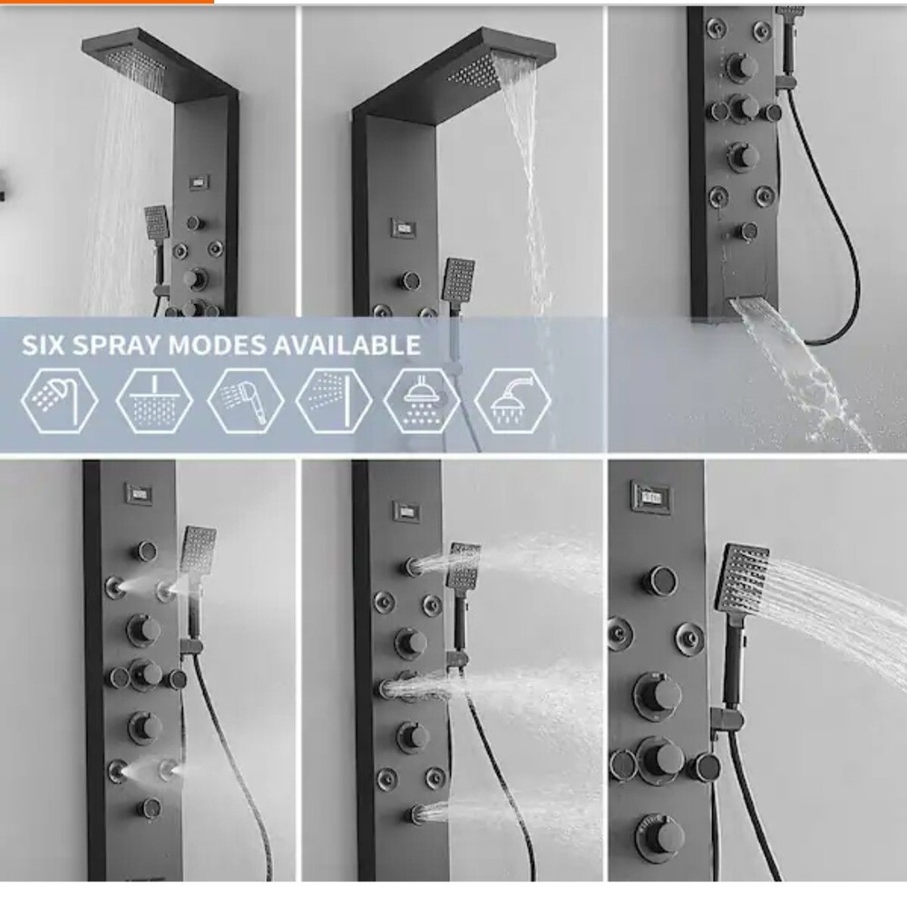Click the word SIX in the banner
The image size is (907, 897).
pyautogui.click(x=46, y=346)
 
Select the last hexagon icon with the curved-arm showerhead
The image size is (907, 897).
pyautogui.click(x=512, y=400)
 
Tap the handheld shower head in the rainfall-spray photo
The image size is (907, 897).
pyautogui.click(x=156, y=220)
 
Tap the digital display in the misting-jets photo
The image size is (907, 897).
pyautogui.click(x=139, y=494)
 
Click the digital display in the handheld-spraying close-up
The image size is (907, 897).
pyautogui.click(x=650, y=496)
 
